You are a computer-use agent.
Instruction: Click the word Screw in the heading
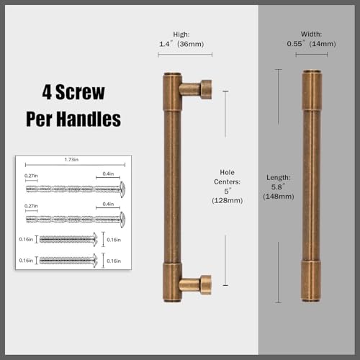click(80, 92)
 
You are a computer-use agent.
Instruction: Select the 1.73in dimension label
click(71, 160)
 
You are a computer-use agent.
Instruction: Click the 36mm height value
click(191, 44)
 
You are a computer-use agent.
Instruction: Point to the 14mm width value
click(323, 44)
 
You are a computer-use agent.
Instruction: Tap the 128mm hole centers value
click(228, 200)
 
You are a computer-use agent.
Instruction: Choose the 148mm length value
click(279, 197)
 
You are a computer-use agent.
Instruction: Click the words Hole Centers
click(228, 177)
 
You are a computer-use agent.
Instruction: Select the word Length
click(279, 178)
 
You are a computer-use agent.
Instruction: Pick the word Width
click(311, 34)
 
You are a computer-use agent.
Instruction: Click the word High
click(181, 35)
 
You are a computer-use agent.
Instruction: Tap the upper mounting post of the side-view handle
click(196, 89)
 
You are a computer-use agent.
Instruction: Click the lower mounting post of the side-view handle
click(195, 284)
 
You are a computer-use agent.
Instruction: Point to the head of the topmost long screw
click(122, 189)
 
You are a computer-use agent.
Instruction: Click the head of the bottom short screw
click(95, 261)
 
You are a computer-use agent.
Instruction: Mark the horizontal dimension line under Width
click(312, 55)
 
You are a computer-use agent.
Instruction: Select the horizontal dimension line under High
click(185, 55)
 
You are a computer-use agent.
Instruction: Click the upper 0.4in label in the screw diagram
click(108, 174)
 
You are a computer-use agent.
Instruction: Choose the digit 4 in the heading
click(47, 92)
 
